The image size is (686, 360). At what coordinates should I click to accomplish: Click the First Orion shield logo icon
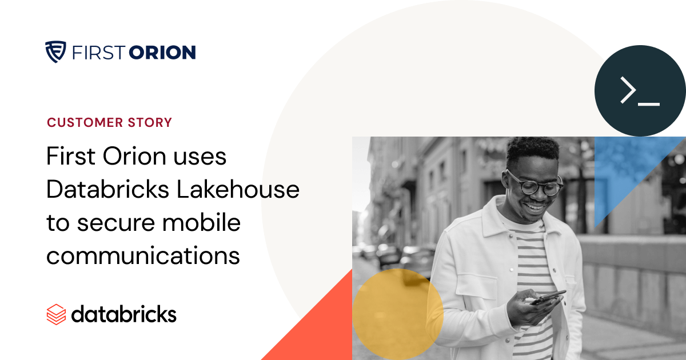tap(55, 52)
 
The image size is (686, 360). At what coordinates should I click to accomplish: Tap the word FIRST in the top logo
tap(97, 53)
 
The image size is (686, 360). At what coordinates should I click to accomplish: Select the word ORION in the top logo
tap(162, 53)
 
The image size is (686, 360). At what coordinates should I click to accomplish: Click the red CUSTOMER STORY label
tap(109, 122)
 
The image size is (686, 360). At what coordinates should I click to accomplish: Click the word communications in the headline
tap(143, 255)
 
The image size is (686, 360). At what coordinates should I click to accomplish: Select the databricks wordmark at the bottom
tap(123, 314)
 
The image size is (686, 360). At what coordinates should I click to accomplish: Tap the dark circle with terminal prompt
tap(640, 91)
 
